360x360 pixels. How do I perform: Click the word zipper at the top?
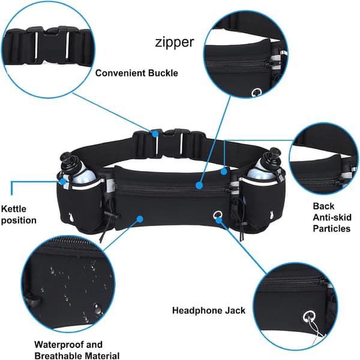point(175,43)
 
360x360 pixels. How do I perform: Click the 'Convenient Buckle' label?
point(137,73)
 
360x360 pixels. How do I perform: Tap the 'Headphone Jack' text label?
point(209,310)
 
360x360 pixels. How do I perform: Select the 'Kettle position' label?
point(19,215)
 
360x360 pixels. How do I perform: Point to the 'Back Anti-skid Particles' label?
point(332,217)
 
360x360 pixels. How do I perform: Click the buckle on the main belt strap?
point(169,143)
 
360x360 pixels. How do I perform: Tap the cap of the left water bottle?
point(67,160)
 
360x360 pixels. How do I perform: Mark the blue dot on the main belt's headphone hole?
point(219,220)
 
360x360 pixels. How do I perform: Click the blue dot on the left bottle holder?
point(62,182)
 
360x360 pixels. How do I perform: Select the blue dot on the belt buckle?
point(155,133)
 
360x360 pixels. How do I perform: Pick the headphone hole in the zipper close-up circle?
point(256,92)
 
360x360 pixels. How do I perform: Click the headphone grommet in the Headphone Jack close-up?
point(309,317)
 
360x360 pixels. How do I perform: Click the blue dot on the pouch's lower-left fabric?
point(140,219)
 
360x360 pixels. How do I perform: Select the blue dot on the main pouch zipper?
point(199,185)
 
